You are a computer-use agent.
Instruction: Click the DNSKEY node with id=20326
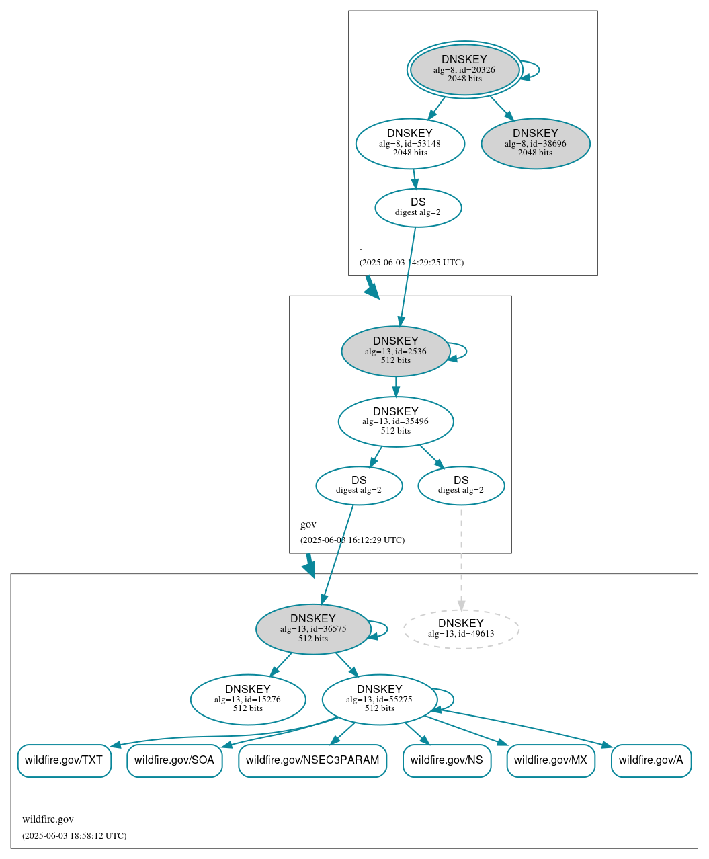pyautogui.click(x=464, y=69)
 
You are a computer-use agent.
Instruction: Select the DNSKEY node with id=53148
pyautogui.click(x=410, y=143)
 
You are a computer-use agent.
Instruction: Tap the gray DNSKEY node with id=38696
pyautogui.click(x=536, y=143)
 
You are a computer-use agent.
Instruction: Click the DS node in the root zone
pyautogui.click(x=418, y=208)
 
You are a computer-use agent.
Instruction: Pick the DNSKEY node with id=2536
pyautogui.click(x=396, y=351)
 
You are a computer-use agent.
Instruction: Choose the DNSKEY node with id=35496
pyautogui.click(x=396, y=421)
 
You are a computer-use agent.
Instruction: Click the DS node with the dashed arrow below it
pyautogui.click(x=461, y=485)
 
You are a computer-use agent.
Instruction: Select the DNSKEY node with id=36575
pyautogui.click(x=313, y=629)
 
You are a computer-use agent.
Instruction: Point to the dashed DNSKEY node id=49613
pyautogui.click(x=461, y=629)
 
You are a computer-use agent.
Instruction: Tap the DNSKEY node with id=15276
pyautogui.click(x=248, y=699)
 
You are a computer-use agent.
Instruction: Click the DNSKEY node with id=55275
pyautogui.click(x=380, y=699)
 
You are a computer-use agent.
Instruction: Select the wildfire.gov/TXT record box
pyautogui.click(x=64, y=760)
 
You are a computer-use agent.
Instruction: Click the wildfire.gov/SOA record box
pyautogui.click(x=174, y=760)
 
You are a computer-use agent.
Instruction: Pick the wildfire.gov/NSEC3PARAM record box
pyautogui.click(x=312, y=760)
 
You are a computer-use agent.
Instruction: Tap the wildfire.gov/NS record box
pyautogui.click(x=447, y=760)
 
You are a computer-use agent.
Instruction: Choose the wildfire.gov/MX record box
pyautogui.click(x=550, y=760)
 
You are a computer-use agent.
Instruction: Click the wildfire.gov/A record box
pyautogui.click(x=651, y=760)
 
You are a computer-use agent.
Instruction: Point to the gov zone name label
pyautogui.click(x=308, y=524)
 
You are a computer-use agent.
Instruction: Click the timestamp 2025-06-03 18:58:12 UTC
pyautogui.click(x=74, y=836)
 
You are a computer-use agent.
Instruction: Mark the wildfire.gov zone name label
pyautogui.click(x=48, y=819)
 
